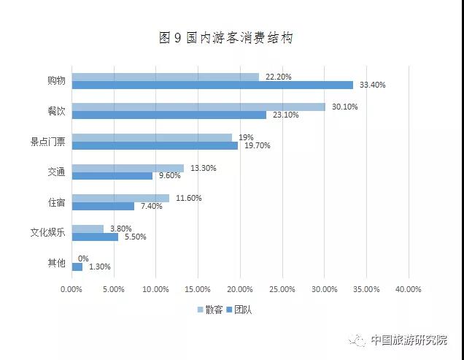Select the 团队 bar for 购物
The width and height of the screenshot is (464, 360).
[212, 85]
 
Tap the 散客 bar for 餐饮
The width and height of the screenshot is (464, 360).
[198, 107]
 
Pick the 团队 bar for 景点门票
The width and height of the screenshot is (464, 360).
[155, 145]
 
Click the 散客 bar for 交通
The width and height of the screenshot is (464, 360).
[128, 168]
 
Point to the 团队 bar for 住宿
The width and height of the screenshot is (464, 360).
[103, 206]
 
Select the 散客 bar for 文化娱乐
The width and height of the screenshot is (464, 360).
[88, 229]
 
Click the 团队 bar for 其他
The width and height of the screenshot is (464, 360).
[77, 267]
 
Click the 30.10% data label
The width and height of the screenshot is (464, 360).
[345, 107]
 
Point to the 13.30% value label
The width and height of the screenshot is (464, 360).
[204, 168]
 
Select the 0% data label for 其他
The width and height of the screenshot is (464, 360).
[83, 258]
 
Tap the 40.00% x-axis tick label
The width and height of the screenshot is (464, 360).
[408, 289]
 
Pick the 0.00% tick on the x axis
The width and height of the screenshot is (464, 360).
[71, 289]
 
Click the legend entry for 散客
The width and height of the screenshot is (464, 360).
[210, 310]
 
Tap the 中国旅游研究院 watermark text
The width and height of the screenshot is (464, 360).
[408, 340]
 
